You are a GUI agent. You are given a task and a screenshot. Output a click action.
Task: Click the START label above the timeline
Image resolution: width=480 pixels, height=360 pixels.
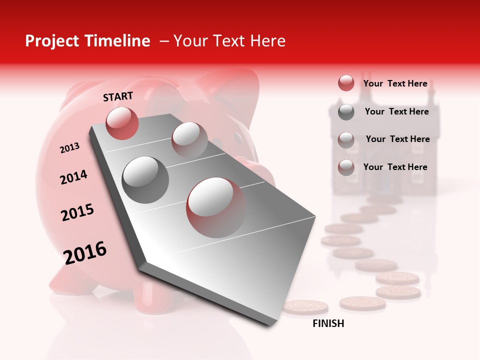point(118,96)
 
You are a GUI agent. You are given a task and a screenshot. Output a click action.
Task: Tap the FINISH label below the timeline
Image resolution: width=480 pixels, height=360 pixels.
point(328,323)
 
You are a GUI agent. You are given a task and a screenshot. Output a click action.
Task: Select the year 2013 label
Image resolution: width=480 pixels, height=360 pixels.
point(69,148)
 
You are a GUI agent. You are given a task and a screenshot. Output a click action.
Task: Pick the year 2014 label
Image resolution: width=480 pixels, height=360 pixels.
point(73,177)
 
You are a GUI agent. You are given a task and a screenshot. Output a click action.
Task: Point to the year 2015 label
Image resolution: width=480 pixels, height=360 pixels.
point(77,212)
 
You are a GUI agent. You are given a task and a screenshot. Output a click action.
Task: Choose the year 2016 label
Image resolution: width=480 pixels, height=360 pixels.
point(85,253)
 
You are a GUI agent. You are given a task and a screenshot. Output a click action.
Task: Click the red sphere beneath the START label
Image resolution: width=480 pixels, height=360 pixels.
point(122,123)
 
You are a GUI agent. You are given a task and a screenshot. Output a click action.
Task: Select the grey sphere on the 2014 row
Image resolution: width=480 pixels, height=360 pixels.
point(145,179)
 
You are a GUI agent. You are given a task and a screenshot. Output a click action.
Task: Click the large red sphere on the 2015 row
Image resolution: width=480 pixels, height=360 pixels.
point(216,207)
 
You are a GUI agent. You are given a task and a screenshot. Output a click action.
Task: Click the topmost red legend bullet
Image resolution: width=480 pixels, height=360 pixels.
point(346,83)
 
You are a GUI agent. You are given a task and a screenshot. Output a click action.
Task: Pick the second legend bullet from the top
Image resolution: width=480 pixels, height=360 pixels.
point(346,112)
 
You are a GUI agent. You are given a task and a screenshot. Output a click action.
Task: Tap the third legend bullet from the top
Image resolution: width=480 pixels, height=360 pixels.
point(346,139)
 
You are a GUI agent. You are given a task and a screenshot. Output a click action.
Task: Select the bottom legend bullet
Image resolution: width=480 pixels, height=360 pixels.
point(346,167)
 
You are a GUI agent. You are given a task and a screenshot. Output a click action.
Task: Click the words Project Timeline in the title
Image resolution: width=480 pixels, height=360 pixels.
point(87,41)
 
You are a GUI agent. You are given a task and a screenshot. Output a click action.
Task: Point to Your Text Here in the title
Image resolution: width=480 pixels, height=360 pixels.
point(229,41)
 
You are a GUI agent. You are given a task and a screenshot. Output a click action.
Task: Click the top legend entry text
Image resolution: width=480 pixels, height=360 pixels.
point(395,83)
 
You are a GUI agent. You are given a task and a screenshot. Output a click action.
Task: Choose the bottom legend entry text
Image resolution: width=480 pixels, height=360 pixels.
point(395,167)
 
